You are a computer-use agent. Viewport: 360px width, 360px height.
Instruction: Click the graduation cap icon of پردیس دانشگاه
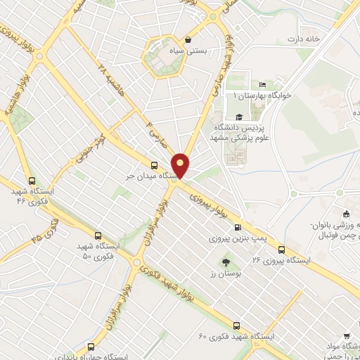pyautogui.click(x=238, y=118)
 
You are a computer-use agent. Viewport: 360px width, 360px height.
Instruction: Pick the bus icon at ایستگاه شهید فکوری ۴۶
pyautogui.click(x=30, y=181)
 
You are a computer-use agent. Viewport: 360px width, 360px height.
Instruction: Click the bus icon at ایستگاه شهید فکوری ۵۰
pyautogui.click(x=98, y=236)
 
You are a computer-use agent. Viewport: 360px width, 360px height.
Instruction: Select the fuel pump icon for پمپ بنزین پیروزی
pyautogui.click(x=238, y=227)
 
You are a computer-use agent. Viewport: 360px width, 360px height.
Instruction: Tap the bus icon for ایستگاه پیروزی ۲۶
pyautogui.click(x=281, y=250)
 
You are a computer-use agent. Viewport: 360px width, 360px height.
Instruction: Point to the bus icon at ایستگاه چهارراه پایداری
pyautogui.click(x=91, y=346)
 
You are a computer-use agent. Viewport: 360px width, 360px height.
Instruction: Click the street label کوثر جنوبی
pyautogui.click(x=91, y=139)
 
